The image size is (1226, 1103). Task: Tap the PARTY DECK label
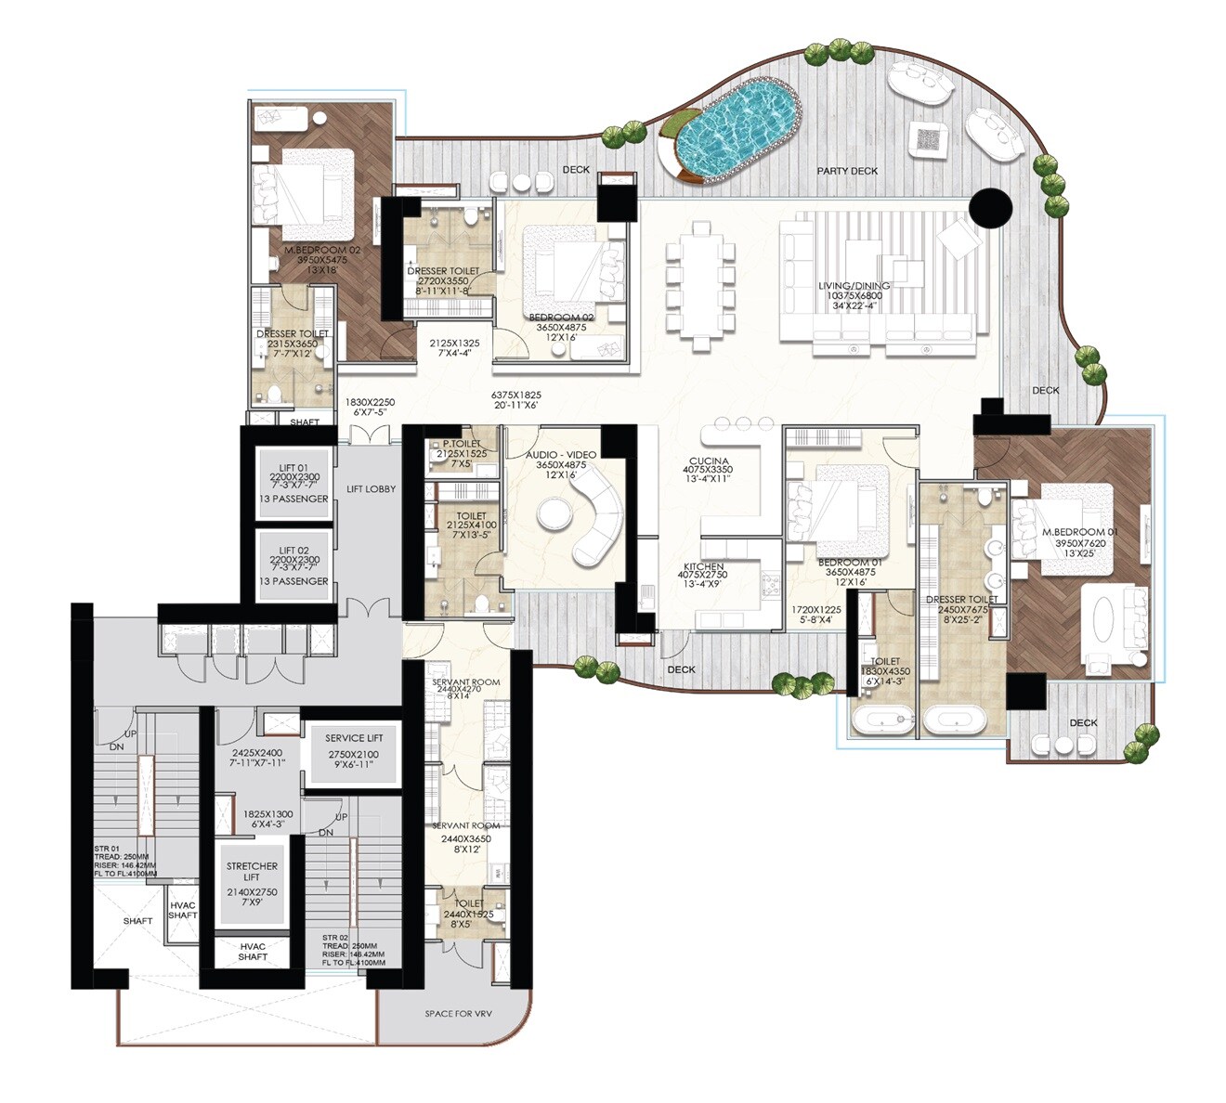pos(847,171)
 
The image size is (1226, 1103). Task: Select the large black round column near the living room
pos(990,207)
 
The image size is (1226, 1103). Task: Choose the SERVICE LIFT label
pos(353,738)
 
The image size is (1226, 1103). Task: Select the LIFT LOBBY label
pos(371,489)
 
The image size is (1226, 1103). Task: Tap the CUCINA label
pos(708,461)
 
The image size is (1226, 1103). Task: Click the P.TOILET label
pos(462,444)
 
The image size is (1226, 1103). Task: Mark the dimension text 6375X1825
pos(515,395)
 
